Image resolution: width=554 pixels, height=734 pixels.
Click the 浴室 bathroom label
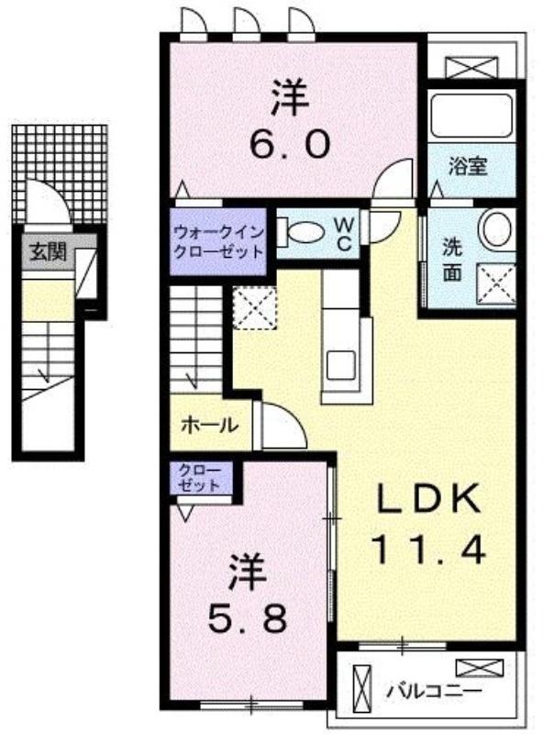tap(467, 167)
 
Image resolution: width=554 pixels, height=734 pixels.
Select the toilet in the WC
tap(294, 231)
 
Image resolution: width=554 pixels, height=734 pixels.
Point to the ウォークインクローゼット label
tap(217, 241)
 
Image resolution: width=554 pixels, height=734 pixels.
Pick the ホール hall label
tap(210, 426)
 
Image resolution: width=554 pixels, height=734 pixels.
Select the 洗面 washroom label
tap(452, 260)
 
